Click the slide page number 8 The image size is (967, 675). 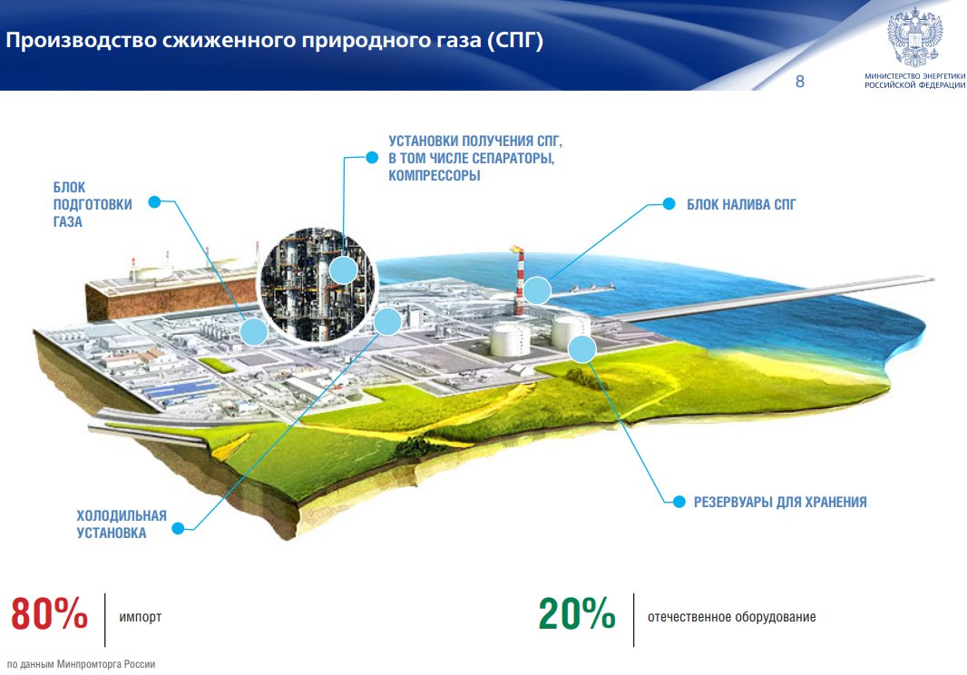click(x=800, y=82)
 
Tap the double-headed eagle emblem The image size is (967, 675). click(x=915, y=37)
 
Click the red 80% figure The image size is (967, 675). click(x=49, y=613)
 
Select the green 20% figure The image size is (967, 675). click(x=577, y=613)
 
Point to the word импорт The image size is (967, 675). click(x=140, y=617)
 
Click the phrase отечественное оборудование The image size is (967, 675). click(x=731, y=617)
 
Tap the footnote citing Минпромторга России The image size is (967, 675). click(x=81, y=664)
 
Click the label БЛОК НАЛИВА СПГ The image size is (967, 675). click(x=741, y=204)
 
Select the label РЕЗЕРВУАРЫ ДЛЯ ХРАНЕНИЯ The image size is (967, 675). click(x=780, y=503)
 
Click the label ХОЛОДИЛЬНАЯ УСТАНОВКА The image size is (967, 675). click(x=122, y=523)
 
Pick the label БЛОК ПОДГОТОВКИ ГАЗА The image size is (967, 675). click(x=93, y=204)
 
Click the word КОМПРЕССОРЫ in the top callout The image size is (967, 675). click(x=435, y=176)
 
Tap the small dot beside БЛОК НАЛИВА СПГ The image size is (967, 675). click(x=669, y=203)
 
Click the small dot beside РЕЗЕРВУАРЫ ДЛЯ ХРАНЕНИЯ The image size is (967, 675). click(x=679, y=502)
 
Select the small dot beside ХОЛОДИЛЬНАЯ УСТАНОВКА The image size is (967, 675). click(x=178, y=528)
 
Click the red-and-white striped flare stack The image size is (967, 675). click(x=519, y=280)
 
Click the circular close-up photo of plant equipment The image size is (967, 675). click(x=317, y=285)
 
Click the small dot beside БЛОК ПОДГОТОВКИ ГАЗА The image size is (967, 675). click(x=155, y=201)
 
